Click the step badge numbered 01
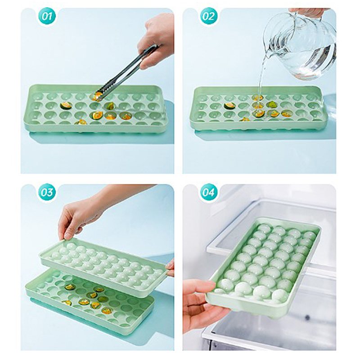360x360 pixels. coord(47,16)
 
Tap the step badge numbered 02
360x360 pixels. coord(209,16)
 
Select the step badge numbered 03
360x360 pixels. coord(47,193)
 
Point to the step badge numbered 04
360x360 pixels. coord(209,193)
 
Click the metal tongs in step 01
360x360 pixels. coord(126,71)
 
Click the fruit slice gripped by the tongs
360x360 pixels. coord(97,96)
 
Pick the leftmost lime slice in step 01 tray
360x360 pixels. coord(66,106)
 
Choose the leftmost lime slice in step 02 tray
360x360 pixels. coord(230,106)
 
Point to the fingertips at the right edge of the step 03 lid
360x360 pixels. coord(171,267)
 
